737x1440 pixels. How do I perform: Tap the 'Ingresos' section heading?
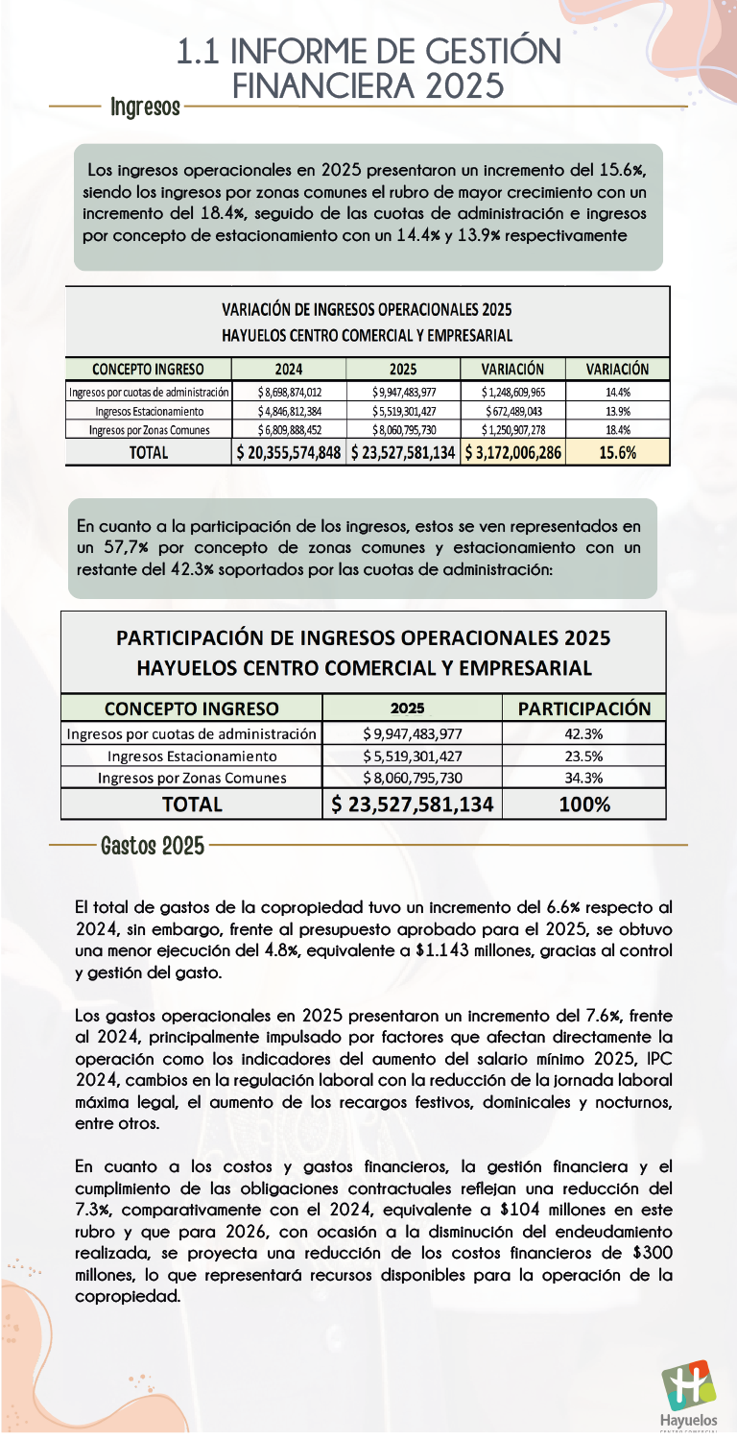(x=145, y=106)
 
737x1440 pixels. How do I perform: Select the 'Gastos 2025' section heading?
(x=152, y=846)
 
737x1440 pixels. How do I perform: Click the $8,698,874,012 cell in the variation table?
(x=289, y=392)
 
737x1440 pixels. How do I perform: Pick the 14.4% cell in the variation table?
(x=617, y=392)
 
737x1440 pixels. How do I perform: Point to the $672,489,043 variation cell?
(x=513, y=411)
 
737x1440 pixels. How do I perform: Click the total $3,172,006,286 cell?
(x=513, y=452)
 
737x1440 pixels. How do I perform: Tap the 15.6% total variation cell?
(x=617, y=452)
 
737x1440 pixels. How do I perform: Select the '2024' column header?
(x=289, y=369)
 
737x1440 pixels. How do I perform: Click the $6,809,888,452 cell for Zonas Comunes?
(x=289, y=430)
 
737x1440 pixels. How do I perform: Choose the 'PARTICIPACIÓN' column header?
(x=584, y=708)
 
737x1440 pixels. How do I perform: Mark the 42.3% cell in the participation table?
(x=584, y=734)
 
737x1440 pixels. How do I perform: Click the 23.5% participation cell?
(x=584, y=756)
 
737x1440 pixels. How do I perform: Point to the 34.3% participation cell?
(x=584, y=778)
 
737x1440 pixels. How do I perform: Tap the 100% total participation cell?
(x=584, y=804)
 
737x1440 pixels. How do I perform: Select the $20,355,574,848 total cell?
(x=289, y=452)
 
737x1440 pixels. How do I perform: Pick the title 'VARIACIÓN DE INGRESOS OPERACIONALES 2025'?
(x=367, y=310)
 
